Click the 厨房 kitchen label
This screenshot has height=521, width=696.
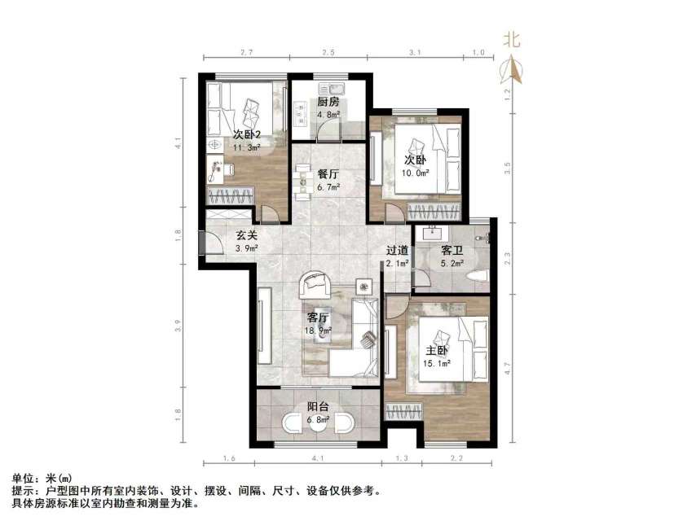pyautogui.click(x=328, y=103)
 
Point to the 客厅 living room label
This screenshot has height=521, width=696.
pyautogui.click(x=318, y=317)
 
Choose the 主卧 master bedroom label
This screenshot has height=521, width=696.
pyautogui.click(x=436, y=351)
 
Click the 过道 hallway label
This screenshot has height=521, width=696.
pyautogui.click(x=397, y=251)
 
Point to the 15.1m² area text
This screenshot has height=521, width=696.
pyautogui.click(x=436, y=363)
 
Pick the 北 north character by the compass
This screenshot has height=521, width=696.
pyautogui.click(x=513, y=39)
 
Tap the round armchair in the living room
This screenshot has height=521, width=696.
pyautogui.click(x=315, y=285)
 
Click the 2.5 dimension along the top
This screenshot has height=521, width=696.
pyautogui.click(x=328, y=53)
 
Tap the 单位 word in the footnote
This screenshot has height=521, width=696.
pyautogui.click(x=22, y=478)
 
